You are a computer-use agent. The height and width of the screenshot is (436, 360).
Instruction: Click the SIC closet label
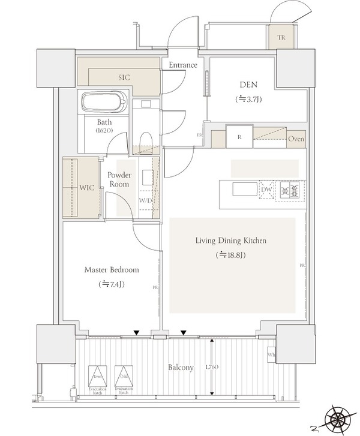click(x=124, y=77)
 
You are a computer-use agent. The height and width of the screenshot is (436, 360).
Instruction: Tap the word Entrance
click(x=184, y=65)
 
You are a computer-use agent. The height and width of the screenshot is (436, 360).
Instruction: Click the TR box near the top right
click(x=281, y=38)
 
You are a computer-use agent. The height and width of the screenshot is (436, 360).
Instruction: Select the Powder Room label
click(x=119, y=180)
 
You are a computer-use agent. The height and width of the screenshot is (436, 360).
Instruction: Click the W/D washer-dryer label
click(x=146, y=200)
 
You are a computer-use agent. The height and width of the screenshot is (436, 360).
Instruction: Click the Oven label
click(x=296, y=139)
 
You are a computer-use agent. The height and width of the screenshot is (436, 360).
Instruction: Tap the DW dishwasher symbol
click(x=266, y=191)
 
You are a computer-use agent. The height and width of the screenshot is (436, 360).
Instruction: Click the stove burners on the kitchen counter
click(x=289, y=191)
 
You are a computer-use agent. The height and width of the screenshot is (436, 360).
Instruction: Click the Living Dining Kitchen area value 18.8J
click(x=231, y=255)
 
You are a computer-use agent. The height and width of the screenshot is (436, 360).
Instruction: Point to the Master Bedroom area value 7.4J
click(x=112, y=284)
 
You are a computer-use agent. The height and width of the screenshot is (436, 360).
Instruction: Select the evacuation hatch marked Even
click(x=97, y=377)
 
